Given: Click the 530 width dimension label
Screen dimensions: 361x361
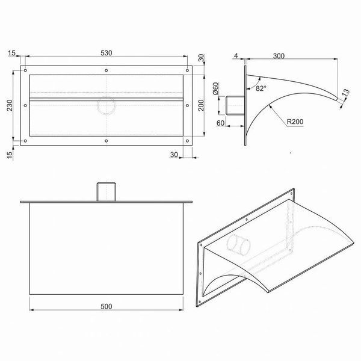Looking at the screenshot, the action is tap(106, 53).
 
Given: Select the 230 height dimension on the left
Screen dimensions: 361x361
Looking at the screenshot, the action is tap(10, 105).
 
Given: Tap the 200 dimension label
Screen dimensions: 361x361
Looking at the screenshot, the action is tap(201, 105).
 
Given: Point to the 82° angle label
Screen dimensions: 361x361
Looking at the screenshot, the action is tap(261, 88).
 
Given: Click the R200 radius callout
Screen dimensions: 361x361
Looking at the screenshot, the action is tap(295, 122).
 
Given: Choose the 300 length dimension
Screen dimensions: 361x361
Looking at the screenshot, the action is tap(279, 56).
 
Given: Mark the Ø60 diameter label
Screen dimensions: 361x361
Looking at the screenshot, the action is tap(215, 88).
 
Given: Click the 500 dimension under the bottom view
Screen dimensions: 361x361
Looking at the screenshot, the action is tap(106, 306).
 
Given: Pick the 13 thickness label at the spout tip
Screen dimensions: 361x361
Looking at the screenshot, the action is tap(345, 93).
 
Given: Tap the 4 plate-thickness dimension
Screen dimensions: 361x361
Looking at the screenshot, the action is tap(236, 56).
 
